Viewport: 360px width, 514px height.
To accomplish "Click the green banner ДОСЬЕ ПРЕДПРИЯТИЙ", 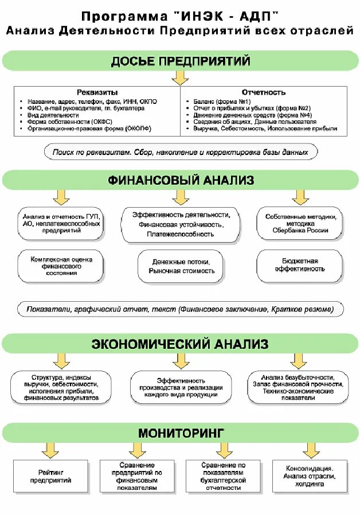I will tap(180, 61).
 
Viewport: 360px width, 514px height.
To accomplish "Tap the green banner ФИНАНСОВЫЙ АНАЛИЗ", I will tap(180, 181).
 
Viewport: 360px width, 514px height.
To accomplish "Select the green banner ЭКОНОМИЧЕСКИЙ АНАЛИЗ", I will tap(180, 344).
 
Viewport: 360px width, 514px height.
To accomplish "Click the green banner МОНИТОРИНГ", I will tap(180, 432).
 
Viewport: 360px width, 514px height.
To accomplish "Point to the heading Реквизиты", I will tap(97, 92).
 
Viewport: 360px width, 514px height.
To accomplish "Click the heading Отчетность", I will tap(264, 92).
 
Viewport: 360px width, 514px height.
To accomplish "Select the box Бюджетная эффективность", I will tap(296, 265).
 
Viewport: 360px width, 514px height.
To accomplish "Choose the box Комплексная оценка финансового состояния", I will tap(61, 266).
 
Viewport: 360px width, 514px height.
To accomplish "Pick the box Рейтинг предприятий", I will tap(51, 476).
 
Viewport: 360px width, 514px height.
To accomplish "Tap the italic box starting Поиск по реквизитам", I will tap(180, 153).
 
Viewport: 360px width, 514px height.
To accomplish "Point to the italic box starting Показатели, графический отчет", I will tap(180, 309).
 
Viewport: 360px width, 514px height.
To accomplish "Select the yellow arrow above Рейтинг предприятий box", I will tap(52, 449).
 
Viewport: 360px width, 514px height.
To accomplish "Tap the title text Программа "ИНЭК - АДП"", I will tap(180, 15).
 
